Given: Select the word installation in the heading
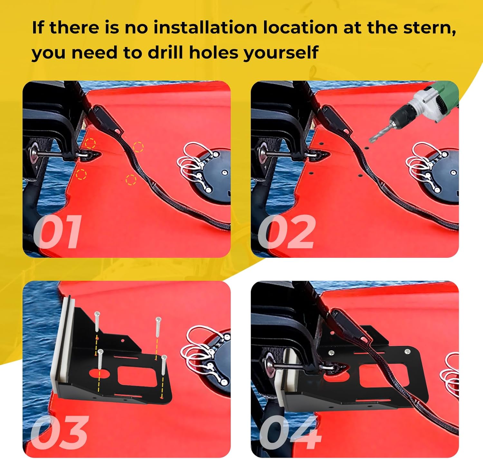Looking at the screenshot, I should [205, 28].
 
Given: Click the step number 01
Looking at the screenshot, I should [58, 232].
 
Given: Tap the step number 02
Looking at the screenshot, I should [287, 232].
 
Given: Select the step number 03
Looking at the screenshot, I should [60, 432].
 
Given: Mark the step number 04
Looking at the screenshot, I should [290, 432].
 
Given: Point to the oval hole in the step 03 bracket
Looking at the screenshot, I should [99, 373].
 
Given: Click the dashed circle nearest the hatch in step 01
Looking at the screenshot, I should [138, 147].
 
